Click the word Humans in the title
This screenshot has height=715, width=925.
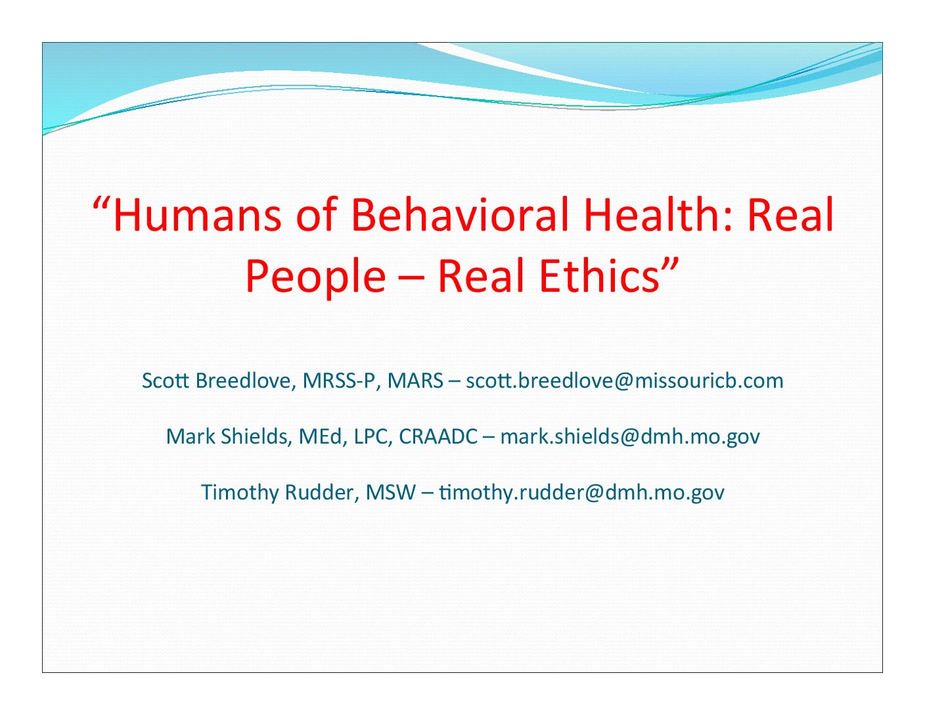click(x=197, y=215)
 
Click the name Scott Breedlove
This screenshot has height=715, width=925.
click(x=219, y=381)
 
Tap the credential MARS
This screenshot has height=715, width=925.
click(x=415, y=381)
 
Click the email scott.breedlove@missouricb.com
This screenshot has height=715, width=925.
click(x=625, y=381)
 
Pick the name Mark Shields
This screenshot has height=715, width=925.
click(x=229, y=436)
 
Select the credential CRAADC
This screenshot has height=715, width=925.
click(x=438, y=436)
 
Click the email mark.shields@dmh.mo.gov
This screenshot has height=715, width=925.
click(x=630, y=437)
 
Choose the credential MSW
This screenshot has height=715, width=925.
click(x=391, y=492)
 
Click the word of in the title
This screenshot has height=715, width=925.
click(x=316, y=215)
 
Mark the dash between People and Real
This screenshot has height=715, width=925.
click(x=412, y=280)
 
